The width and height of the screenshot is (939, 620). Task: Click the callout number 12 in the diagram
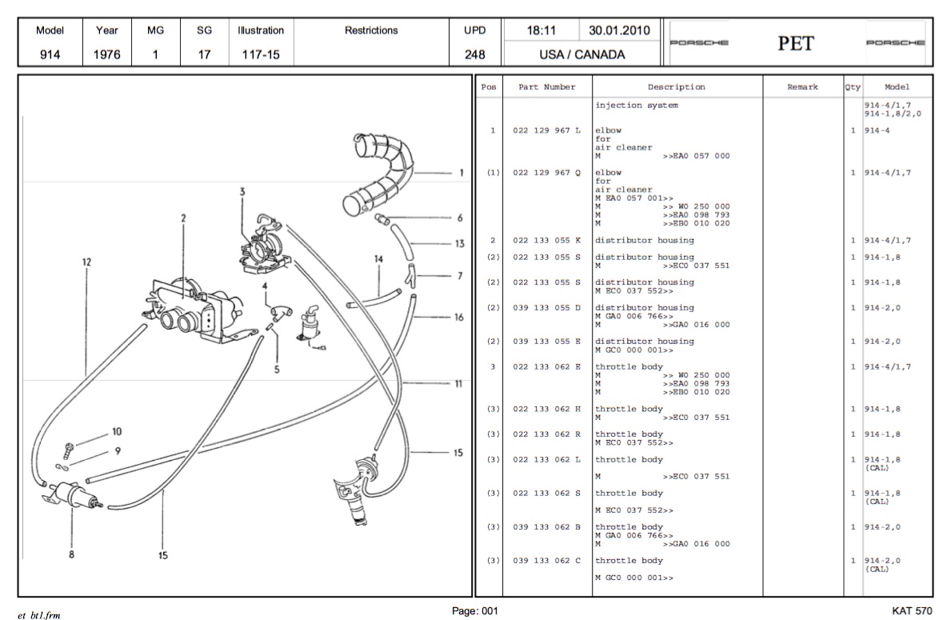coord(86,261)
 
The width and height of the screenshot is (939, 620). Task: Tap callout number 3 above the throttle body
coord(242,191)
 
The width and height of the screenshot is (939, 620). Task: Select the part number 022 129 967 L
coord(546,130)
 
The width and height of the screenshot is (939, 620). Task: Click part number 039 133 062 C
coord(546,561)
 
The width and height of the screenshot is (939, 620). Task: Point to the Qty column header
coord(853,87)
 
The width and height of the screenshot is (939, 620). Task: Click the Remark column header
coord(802,87)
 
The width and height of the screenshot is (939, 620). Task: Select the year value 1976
coord(107,56)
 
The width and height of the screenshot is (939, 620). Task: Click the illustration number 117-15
coord(260,56)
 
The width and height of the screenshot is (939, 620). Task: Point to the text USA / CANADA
coord(581,56)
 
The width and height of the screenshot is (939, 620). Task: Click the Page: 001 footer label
coord(475,611)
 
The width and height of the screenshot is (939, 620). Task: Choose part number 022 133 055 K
coord(546,240)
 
